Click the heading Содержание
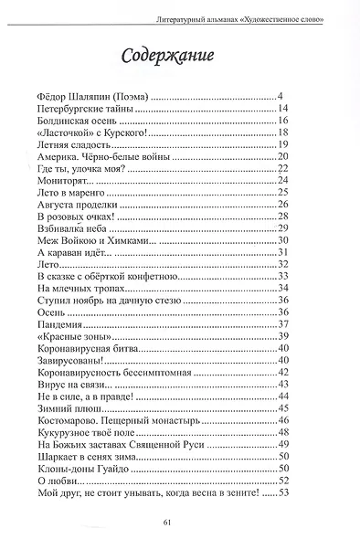[167, 57]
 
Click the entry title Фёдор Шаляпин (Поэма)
[88, 96]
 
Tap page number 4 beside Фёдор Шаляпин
[283, 96]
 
